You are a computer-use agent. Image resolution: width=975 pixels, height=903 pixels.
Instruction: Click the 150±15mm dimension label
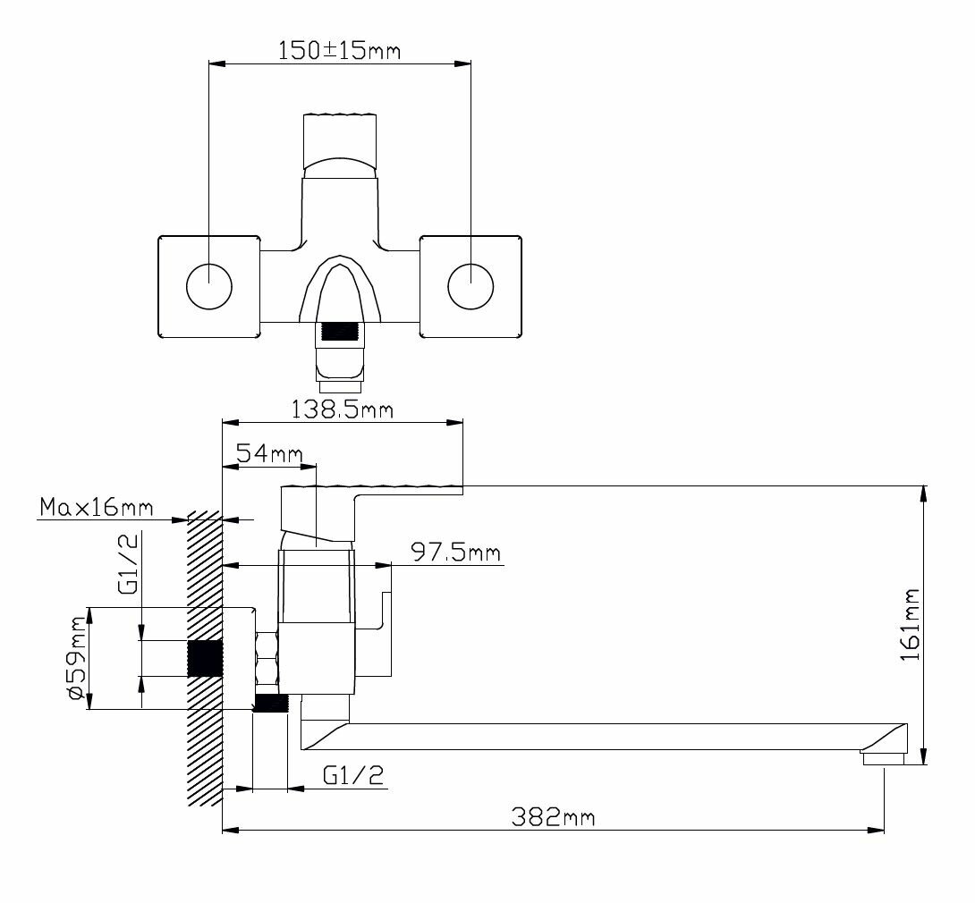coord(339,50)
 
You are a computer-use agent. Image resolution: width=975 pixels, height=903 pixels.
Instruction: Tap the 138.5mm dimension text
coord(342,409)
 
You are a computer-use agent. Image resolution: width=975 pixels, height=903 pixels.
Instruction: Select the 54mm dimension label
coord(269,453)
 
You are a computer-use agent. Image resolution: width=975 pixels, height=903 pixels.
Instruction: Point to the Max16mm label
coord(97,507)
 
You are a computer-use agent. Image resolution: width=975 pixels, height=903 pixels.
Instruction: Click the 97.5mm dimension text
coord(456,552)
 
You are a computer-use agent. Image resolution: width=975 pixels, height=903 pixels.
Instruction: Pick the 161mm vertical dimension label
coord(911,625)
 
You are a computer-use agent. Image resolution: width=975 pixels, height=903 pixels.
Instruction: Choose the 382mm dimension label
coord(553,816)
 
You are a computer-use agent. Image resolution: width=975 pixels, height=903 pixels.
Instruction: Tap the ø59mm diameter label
coord(77,659)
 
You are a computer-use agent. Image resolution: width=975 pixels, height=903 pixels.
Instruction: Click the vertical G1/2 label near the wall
coord(128,563)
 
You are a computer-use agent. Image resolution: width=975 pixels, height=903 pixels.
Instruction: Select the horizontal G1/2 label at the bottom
coord(353,775)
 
